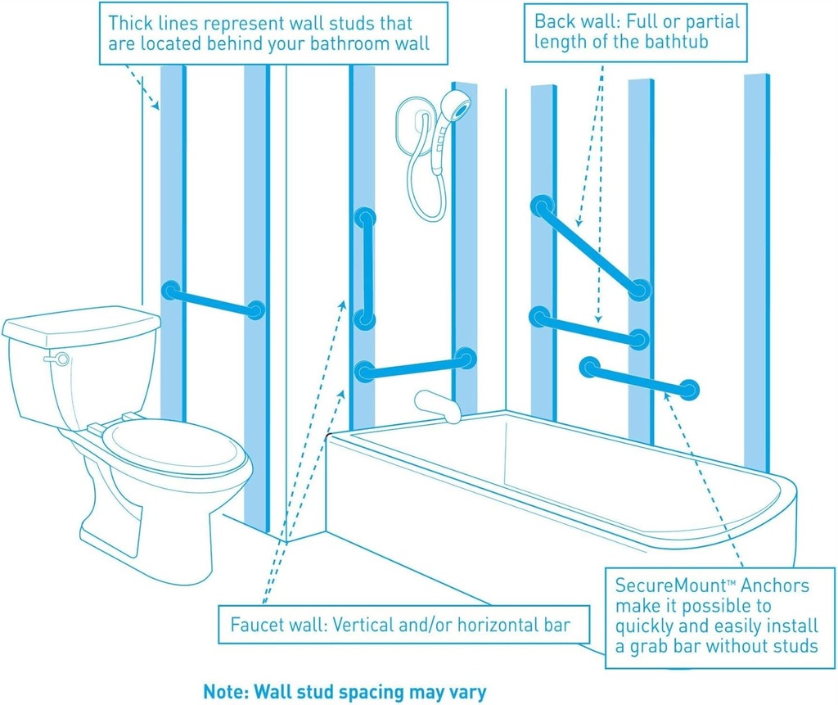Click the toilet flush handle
[x=57, y=358]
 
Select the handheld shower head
[x=455, y=106]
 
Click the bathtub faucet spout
[x=437, y=405]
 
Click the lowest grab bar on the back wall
[x=638, y=377]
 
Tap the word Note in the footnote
[x=222, y=690]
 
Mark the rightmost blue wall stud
[x=756, y=270]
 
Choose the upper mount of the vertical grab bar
[x=365, y=219]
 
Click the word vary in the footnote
[x=468, y=691]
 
